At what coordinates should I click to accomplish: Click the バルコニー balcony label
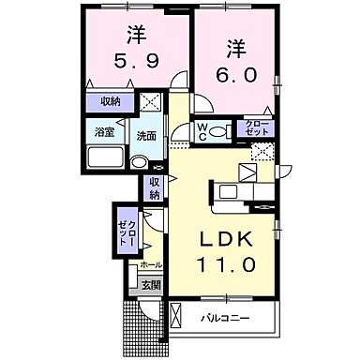(x=226, y=318)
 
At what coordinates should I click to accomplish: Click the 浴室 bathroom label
(x=103, y=133)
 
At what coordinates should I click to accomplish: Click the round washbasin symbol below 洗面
(x=139, y=162)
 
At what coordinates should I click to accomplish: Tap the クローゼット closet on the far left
(x=126, y=231)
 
